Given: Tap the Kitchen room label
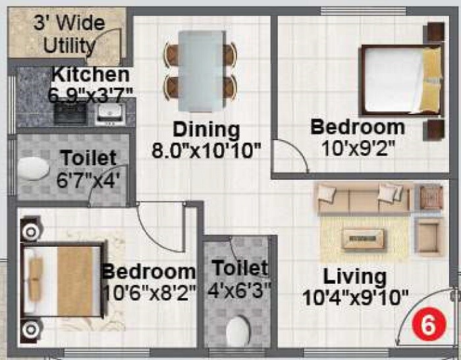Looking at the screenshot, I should [90, 74].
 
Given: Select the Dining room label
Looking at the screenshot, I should [206, 129].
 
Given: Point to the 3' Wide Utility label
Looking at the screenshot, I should [69, 34].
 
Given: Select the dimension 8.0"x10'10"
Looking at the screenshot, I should [207, 151].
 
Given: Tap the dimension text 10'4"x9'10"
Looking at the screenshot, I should [356, 298].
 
